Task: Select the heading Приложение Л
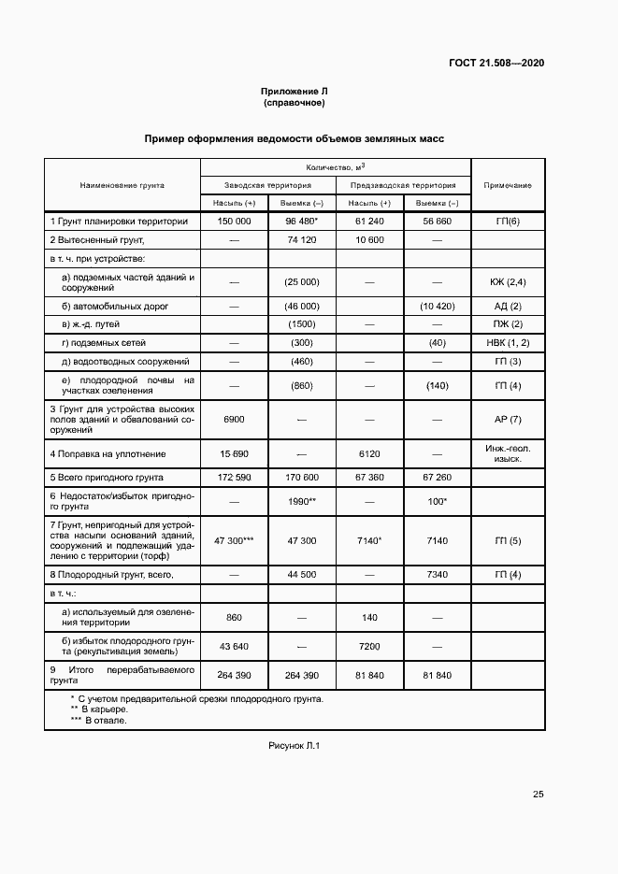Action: pos(295,91)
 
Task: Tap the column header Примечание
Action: pos(508,185)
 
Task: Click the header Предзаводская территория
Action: pos(403,185)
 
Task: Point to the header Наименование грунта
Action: pos(122,185)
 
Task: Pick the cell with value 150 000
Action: pos(234,222)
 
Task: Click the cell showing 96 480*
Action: pos(302,222)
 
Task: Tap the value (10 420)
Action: pos(437,307)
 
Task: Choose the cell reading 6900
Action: pos(234,421)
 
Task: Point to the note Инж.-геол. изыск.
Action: pos(508,453)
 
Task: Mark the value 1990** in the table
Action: pos(302,502)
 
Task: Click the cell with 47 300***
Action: pos(234,541)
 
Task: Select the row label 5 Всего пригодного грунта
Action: pos(111,478)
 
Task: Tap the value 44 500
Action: pos(302,574)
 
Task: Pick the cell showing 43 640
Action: pos(234,647)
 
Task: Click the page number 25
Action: pos(538,795)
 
